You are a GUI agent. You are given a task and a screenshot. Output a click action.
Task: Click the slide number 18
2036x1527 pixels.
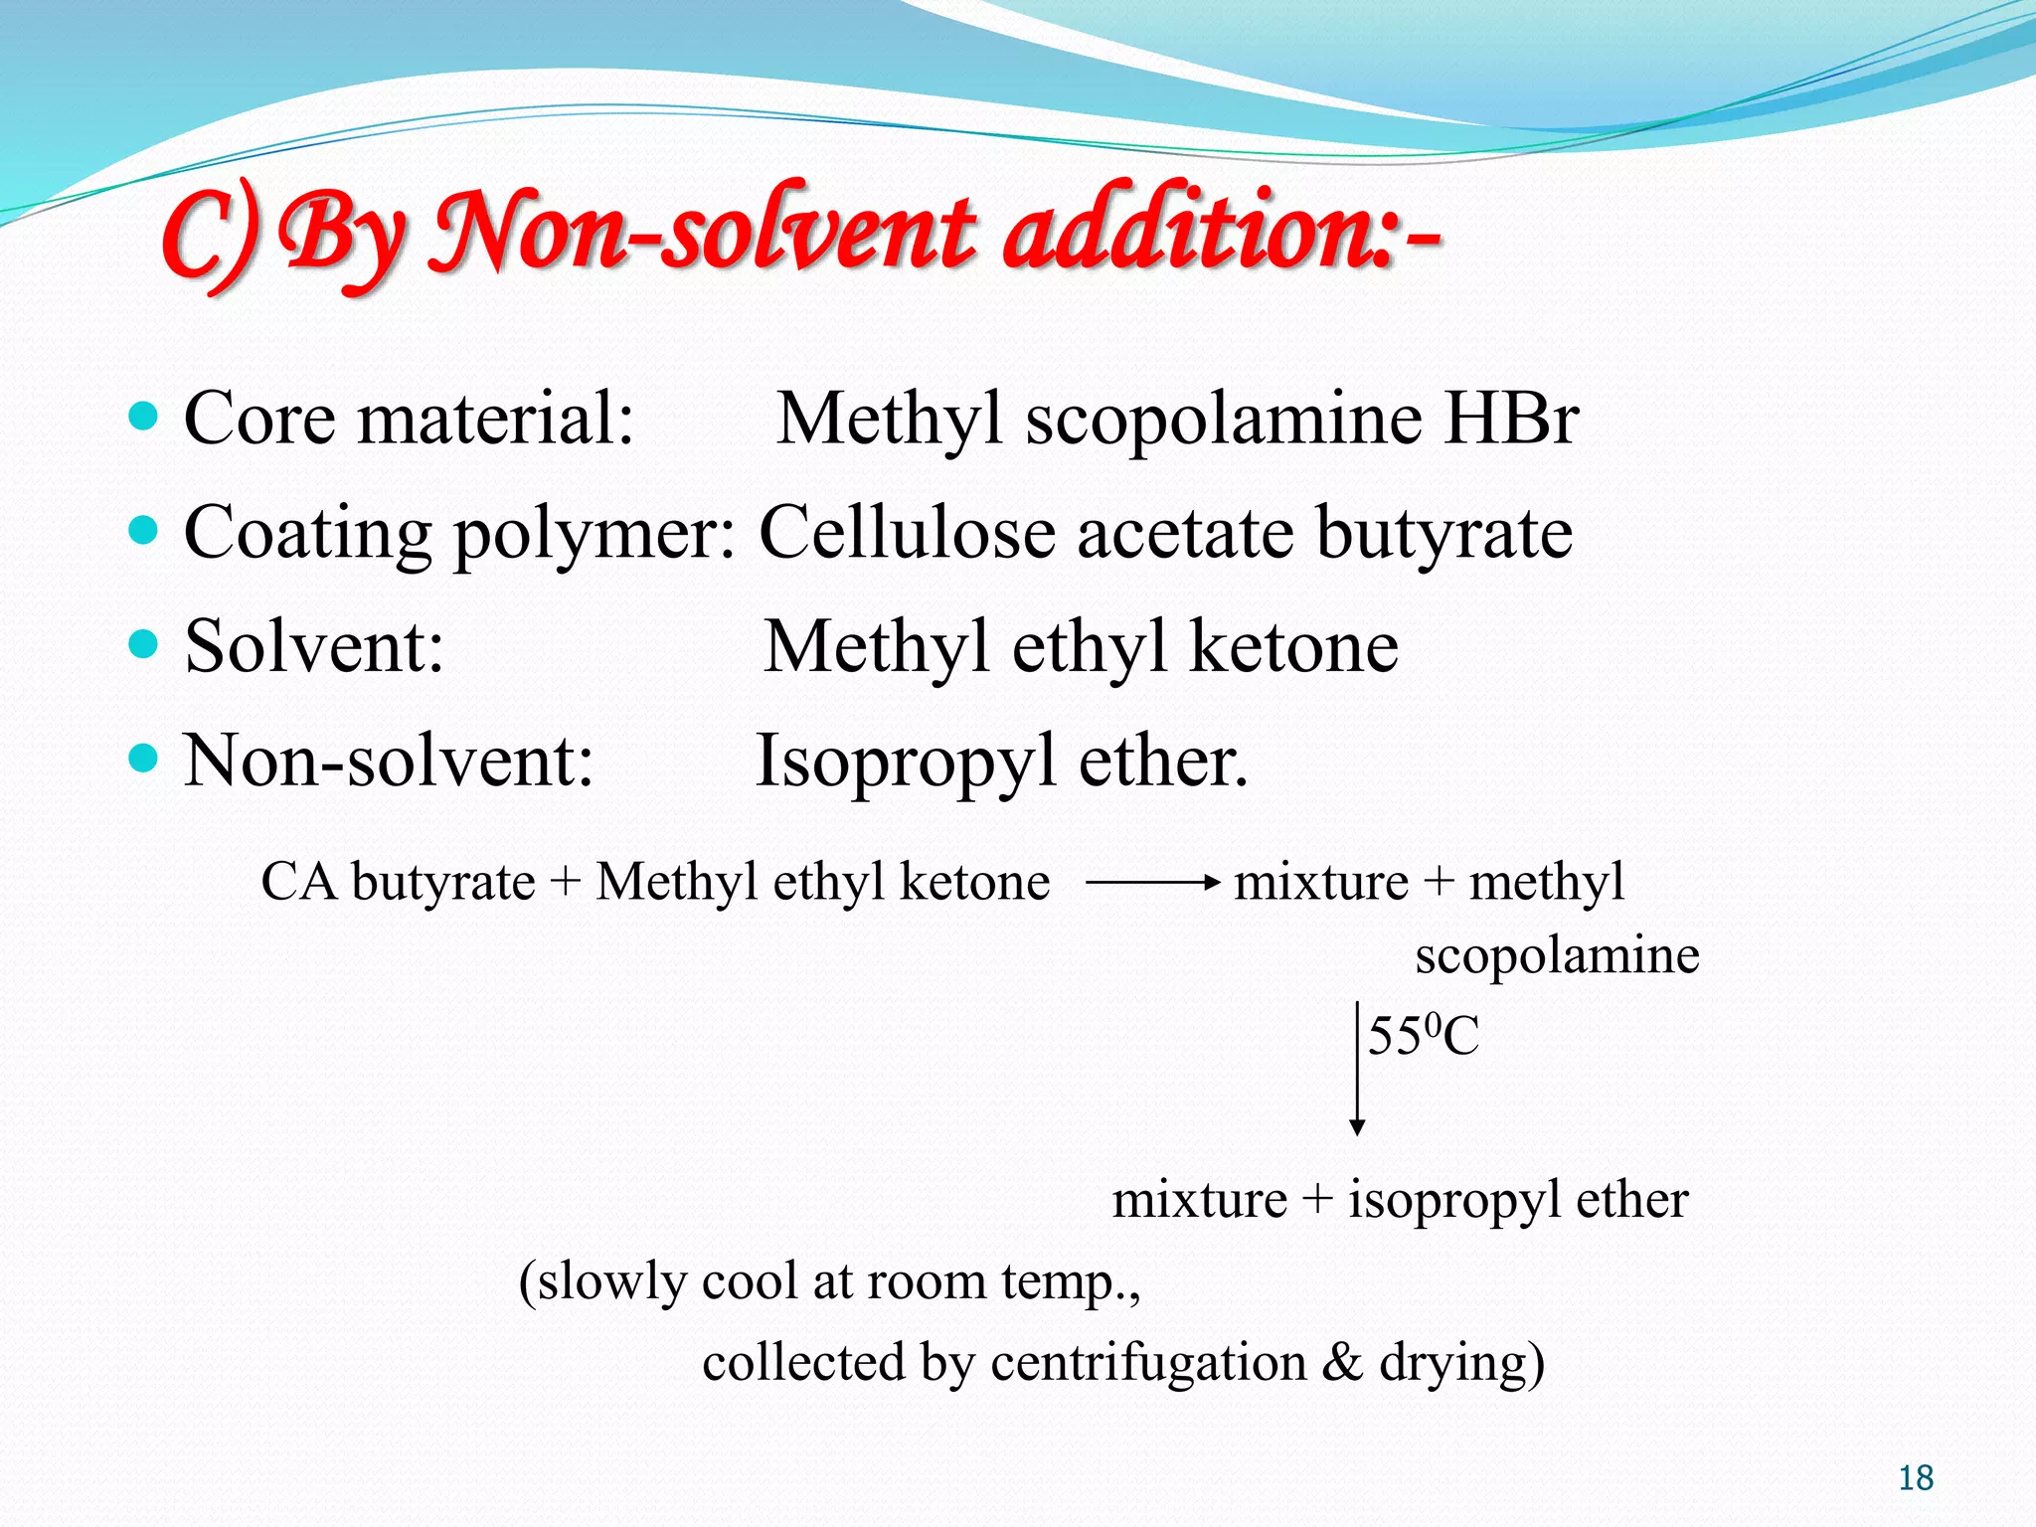tap(1916, 1478)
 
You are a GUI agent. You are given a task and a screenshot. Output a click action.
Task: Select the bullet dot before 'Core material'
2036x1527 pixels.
tap(144, 417)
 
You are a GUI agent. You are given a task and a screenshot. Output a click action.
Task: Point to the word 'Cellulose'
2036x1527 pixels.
tap(906, 532)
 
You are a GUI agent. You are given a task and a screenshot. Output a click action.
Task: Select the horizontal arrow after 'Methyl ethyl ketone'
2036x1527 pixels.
tap(1153, 882)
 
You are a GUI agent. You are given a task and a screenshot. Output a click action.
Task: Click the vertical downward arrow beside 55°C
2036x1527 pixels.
tap(1357, 1069)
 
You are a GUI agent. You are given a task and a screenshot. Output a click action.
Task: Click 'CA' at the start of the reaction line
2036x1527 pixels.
tap(299, 882)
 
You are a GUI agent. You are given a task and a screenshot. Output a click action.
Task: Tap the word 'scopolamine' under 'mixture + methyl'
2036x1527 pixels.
tap(1557, 955)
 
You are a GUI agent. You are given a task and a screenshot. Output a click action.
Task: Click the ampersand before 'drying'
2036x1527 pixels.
tap(1342, 1362)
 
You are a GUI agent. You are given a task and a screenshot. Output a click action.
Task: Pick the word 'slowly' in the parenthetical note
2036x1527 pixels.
tap(610, 1281)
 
